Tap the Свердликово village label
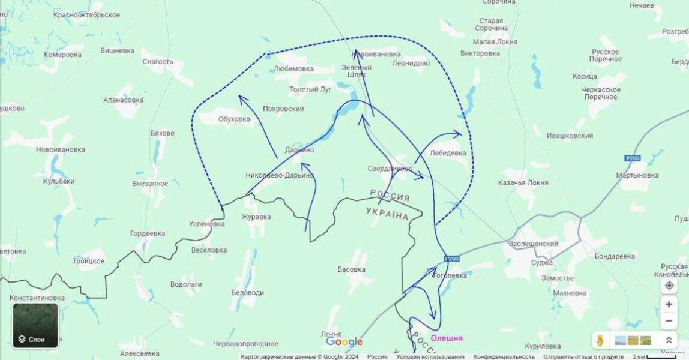click(x=390, y=169)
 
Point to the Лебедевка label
click(x=448, y=153)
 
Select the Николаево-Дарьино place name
click(x=280, y=175)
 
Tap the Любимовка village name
click(x=293, y=68)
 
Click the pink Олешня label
click(x=447, y=338)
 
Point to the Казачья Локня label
click(x=523, y=182)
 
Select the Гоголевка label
click(x=449, y=275)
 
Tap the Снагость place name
click(x=157, y=61)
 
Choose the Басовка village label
click(x=351, y=269)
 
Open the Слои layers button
click(x=35, y=326)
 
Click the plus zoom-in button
click(x=669, y=304)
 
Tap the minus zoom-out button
click(x=669, y=321)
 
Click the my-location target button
click(x=669, y=286)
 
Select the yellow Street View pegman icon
click(x=600, y=340)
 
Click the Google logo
click(x=344, y=341)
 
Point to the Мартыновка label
click(x=637, y=175)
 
